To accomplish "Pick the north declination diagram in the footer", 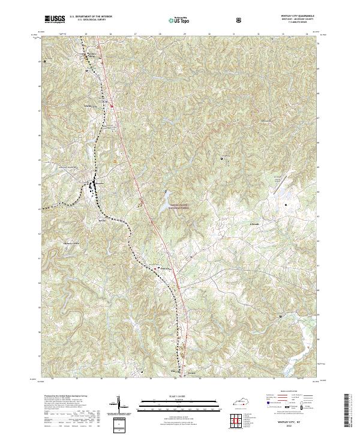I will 119,406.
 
